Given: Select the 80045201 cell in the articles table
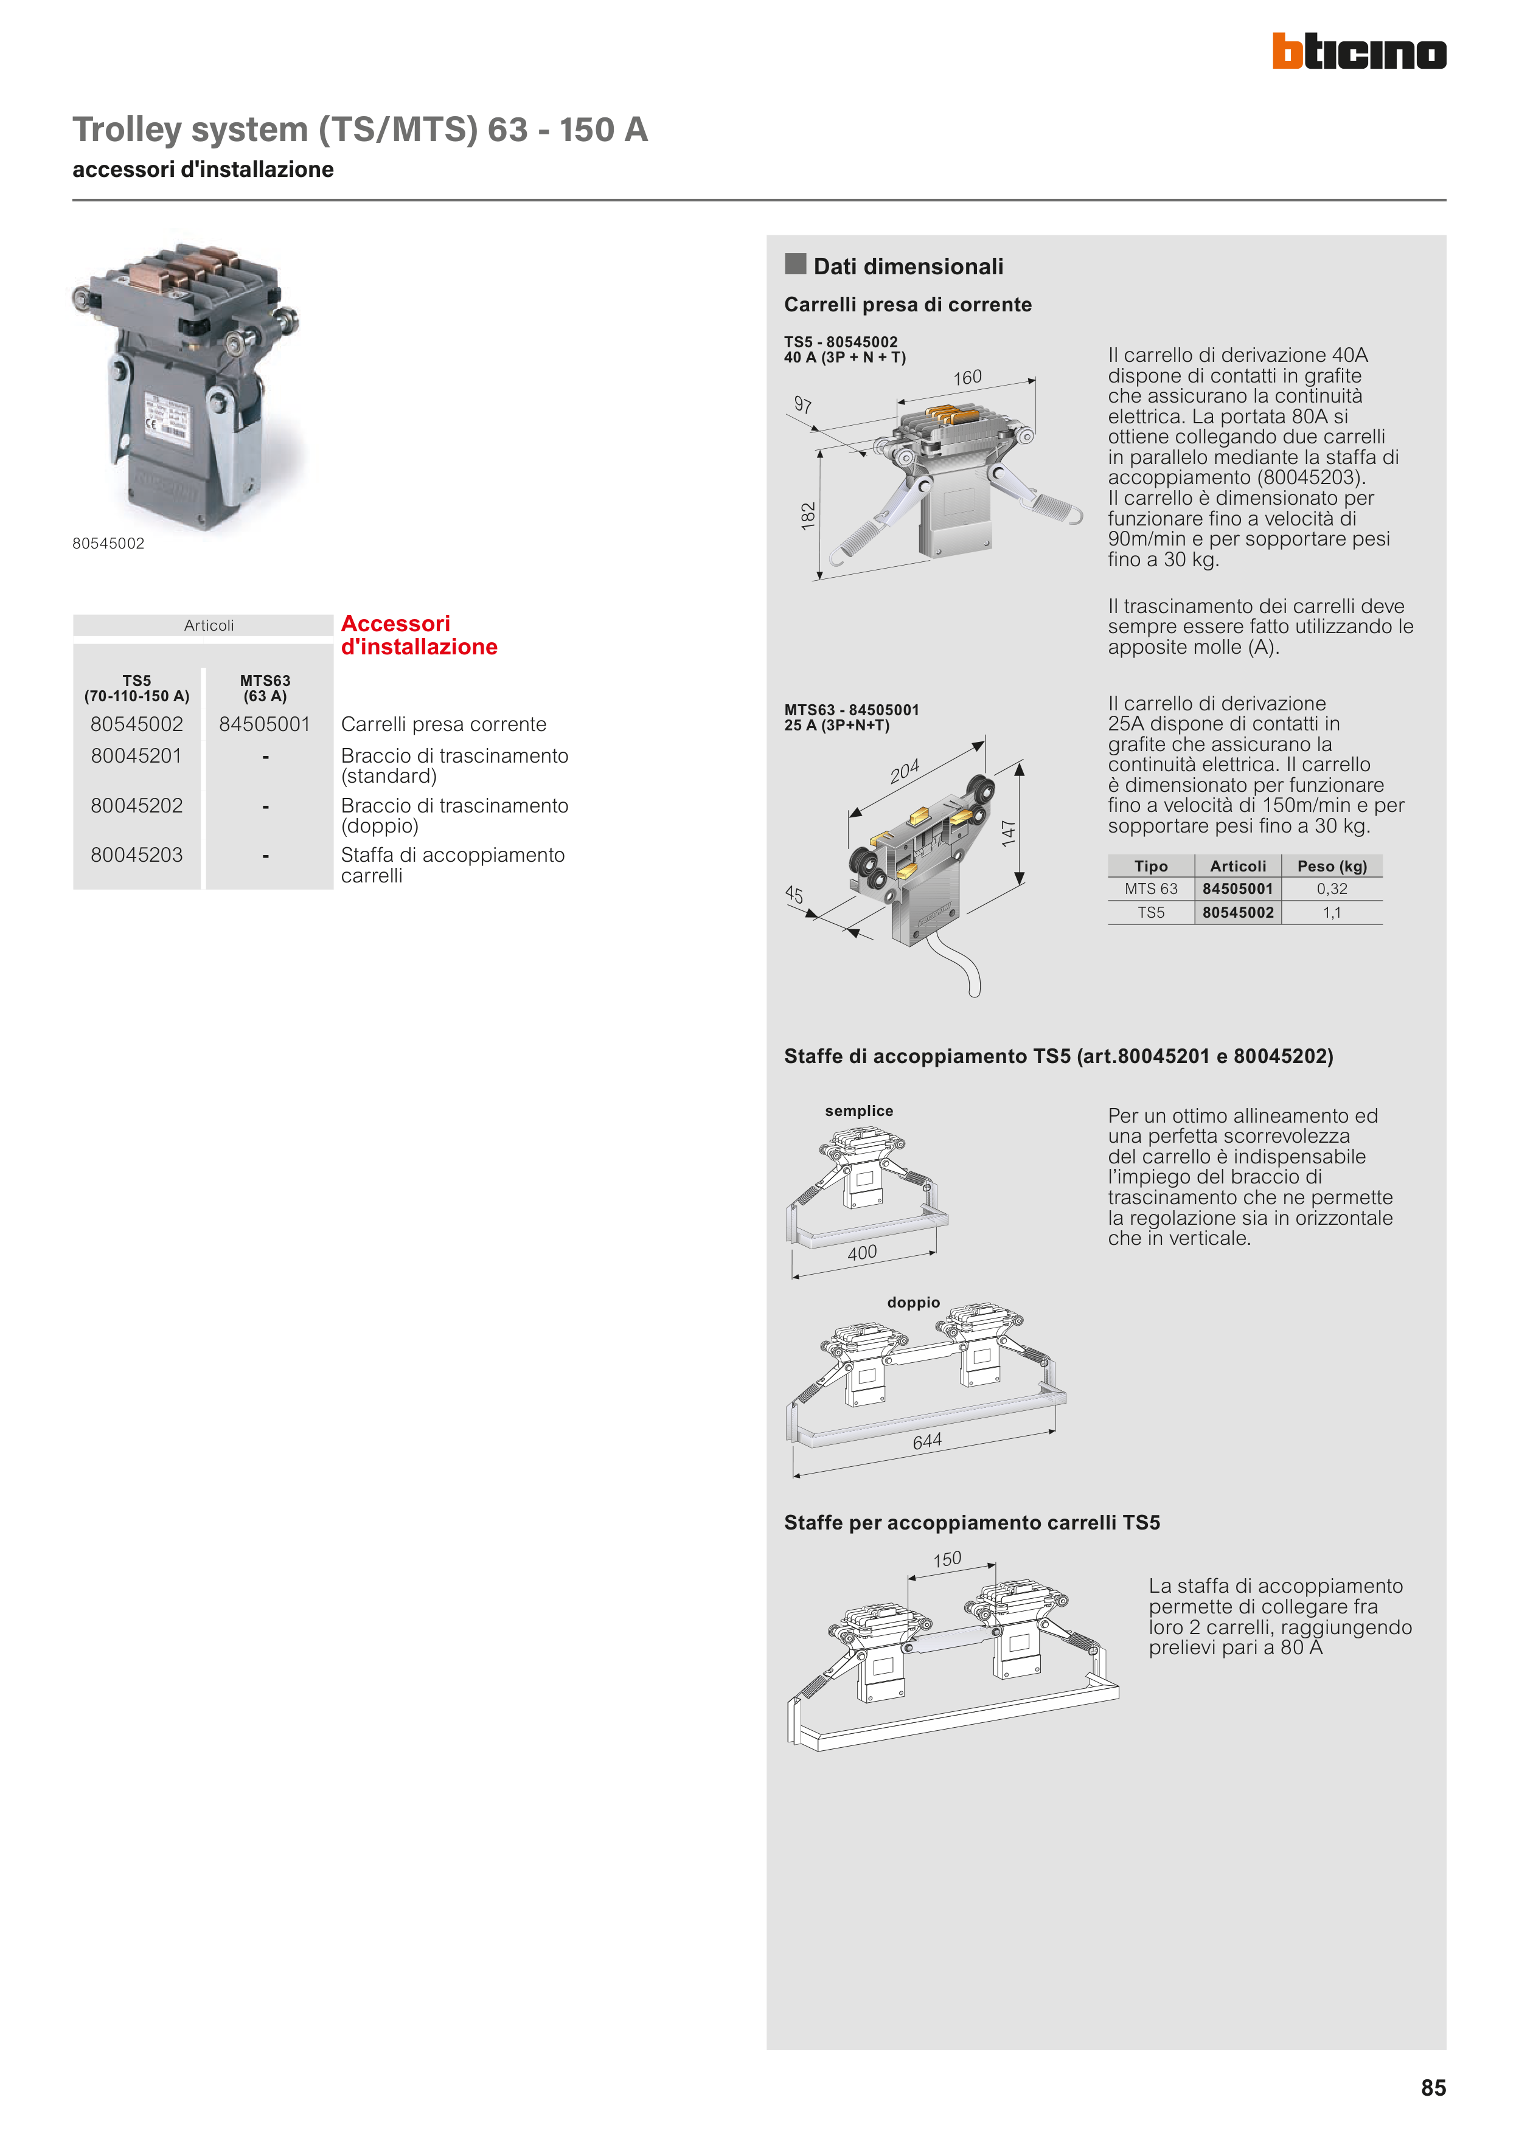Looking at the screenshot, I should [x=137, y=756].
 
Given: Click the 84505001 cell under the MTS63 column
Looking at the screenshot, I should [x=265, y=724].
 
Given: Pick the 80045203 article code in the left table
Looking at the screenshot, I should [x=137, y=855].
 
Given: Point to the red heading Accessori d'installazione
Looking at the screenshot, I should [x=419, y=636].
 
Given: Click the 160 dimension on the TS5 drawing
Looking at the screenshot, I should [x=968, y=378].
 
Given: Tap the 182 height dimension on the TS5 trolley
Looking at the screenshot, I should [x=808, y=516].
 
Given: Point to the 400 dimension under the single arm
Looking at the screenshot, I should [x=862, y=1253].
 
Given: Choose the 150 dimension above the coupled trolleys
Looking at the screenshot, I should [x=947, y=1559].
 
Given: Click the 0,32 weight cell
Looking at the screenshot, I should [x=1331, y=889].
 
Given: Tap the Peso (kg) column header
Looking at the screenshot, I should [x=1331, y=866].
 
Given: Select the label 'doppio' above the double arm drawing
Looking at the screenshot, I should [x=914, y=1302].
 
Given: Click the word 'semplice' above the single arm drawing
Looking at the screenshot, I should [x=858, y=1110].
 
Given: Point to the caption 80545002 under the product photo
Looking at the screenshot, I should [x=108, y=544].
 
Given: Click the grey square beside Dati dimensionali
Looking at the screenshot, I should [x=796, y=264].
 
